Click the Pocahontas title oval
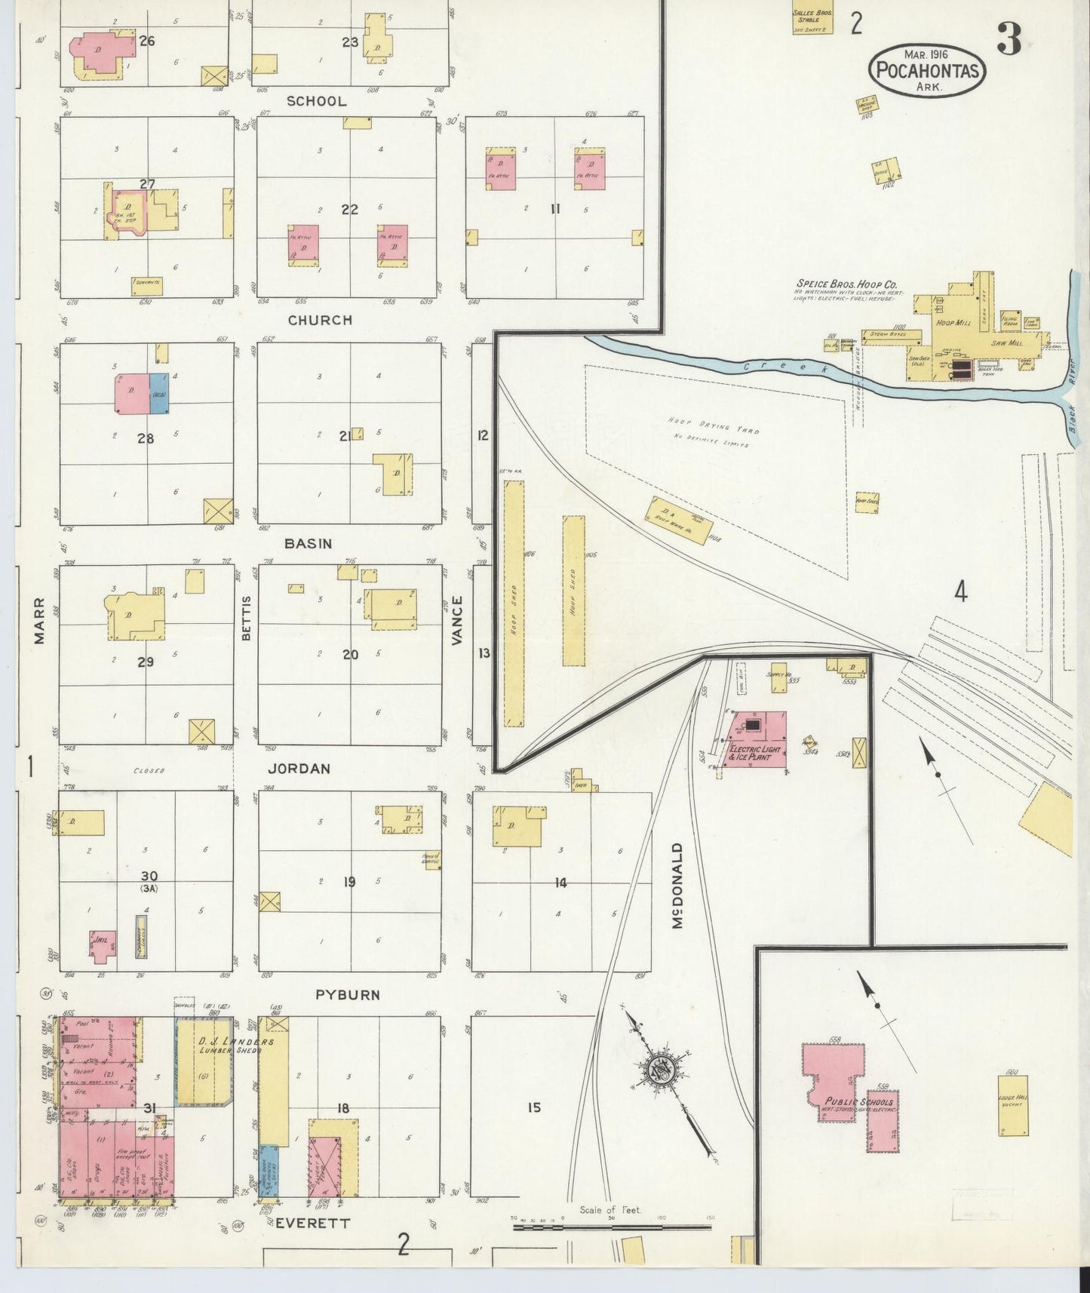(927, 70)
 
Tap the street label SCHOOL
(316, 101)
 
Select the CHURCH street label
(320, 320)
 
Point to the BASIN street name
(308, 543)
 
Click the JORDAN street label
(299, 769)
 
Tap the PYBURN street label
(348, 995)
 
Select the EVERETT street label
(312, 1224)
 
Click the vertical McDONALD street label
(677, 886)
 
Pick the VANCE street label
(456, 620)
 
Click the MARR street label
(39, 620)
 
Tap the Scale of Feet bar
(611, 1227)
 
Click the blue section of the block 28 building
(158, 393)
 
